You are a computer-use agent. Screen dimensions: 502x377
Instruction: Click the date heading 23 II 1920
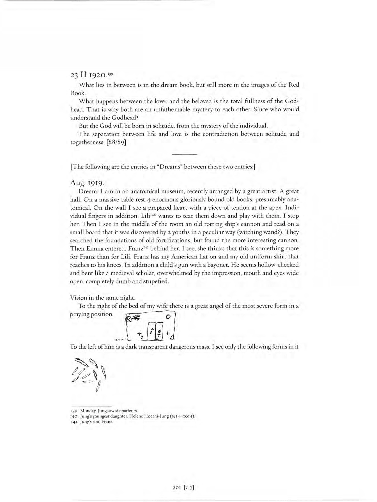pos(88,75)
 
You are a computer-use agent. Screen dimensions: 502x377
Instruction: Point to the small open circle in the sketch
pos(168,317)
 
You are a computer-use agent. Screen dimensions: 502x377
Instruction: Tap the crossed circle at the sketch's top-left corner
pos(128,319)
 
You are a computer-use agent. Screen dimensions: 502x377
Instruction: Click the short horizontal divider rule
pos(185,154)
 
